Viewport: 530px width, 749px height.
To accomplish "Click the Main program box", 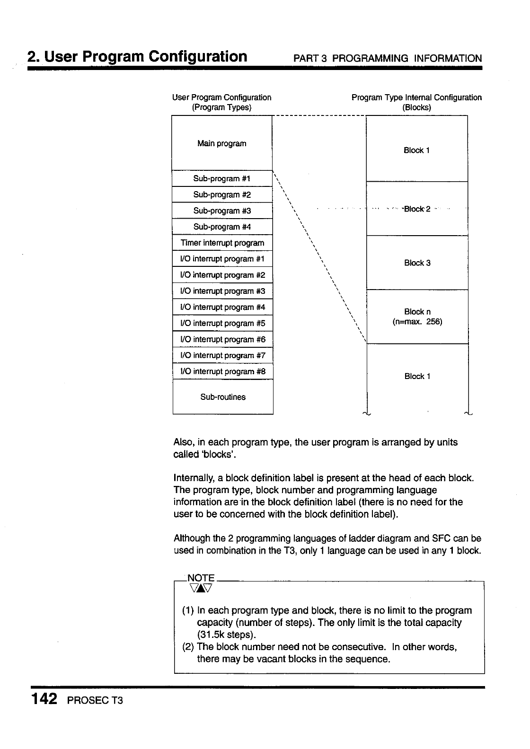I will point(222,143).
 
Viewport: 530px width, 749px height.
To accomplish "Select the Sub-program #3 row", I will point(222,211).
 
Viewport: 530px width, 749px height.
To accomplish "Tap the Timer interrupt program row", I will point(222,243).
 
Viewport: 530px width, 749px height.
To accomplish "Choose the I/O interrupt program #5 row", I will point(222,324).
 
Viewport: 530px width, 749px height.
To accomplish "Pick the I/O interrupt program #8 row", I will point(222,372).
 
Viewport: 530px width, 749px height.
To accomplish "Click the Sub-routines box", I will point(223,397).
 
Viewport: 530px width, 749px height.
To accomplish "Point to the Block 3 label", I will point(417,263).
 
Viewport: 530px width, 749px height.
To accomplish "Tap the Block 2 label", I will point(417,209).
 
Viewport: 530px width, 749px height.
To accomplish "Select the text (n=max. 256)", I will point(417,322).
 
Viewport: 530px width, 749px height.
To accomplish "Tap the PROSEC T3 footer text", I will point(95,700).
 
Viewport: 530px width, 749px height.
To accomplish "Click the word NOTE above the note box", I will point(201,578).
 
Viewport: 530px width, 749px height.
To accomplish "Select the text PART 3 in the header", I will point(310,59).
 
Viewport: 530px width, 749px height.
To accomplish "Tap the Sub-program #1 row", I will point(222,179).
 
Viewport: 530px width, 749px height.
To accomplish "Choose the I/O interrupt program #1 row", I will point(222,259).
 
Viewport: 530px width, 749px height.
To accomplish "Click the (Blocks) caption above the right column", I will point(416,107).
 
